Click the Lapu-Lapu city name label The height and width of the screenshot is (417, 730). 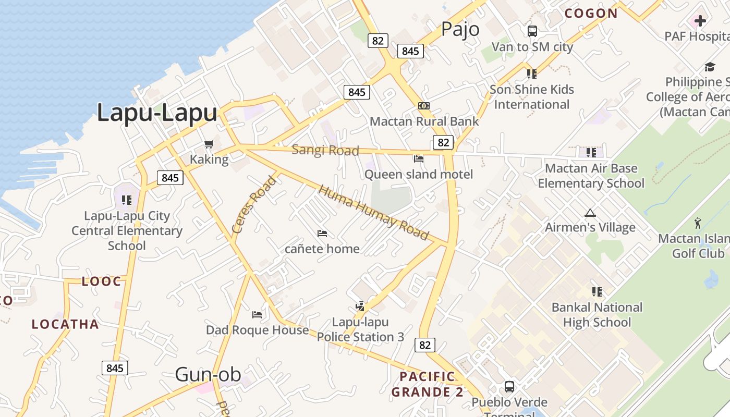tap(157, 113)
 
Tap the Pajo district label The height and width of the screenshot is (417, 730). tap(460, 29)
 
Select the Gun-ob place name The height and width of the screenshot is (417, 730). tap(208, 374)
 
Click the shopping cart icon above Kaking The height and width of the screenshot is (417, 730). tap(209, 144)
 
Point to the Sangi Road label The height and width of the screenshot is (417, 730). tap(325, 150)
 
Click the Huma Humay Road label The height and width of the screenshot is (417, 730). tap(373, 213)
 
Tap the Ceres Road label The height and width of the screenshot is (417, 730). tap(254, 205)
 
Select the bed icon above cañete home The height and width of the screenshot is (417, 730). tap(322, 233)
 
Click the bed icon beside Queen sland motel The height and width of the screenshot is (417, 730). tap(418, 158)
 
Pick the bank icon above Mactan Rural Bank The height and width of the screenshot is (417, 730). tap(424, 106)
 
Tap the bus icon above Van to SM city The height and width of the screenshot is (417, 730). tap(532, 31)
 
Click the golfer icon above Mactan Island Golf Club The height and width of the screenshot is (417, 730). tap(698, 223)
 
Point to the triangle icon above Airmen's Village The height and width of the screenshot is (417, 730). tap(590, 213)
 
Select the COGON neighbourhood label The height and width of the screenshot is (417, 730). tap(591, 14)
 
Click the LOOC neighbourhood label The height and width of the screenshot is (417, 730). tap(101, 281)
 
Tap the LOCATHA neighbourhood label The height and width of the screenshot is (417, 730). tap(65, 324)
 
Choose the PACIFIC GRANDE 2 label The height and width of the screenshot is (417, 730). tap(427, 384)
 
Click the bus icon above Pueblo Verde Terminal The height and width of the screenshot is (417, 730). tap(509, 387)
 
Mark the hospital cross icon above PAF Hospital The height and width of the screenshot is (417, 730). tap(700, 21)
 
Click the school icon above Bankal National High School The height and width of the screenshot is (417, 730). tap(597, 292)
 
